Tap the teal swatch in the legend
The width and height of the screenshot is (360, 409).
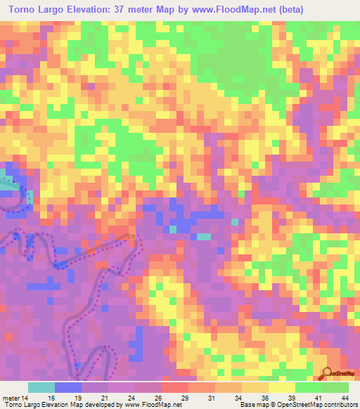[x=41, y=387]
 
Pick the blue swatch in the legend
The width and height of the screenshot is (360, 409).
[x=68, y=387]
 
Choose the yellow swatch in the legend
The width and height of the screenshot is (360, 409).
[x=282, y=387]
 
